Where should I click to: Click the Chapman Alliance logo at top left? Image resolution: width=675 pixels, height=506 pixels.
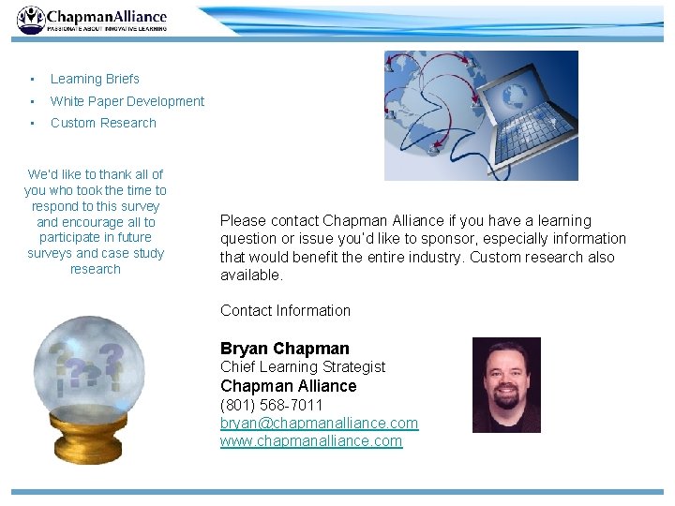coord(92,20)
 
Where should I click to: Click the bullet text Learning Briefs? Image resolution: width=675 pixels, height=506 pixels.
coord(95,79)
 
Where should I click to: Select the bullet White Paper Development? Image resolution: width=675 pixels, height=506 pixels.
coord(127,101)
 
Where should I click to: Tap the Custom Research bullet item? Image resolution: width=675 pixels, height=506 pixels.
coord(103,123)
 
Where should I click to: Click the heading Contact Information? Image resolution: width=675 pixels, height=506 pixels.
coord(285,310)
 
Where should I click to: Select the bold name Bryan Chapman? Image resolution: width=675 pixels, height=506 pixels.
coord(284,349)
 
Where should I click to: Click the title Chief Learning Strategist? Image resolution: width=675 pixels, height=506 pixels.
coord(302,366)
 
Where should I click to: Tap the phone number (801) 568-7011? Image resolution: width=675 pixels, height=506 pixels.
coord(271,405)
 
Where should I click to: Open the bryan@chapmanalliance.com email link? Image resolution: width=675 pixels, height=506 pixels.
coord(319,423)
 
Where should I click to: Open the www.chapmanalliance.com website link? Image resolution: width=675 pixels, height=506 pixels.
coord(310,440)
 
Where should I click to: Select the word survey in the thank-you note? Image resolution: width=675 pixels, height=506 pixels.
coord(142,206)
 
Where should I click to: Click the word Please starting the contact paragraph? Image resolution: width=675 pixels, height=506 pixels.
coord(243,221)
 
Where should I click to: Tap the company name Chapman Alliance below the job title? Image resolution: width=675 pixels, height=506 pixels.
coord(288,386)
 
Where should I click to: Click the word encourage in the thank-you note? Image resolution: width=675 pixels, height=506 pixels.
coord(96,222)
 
